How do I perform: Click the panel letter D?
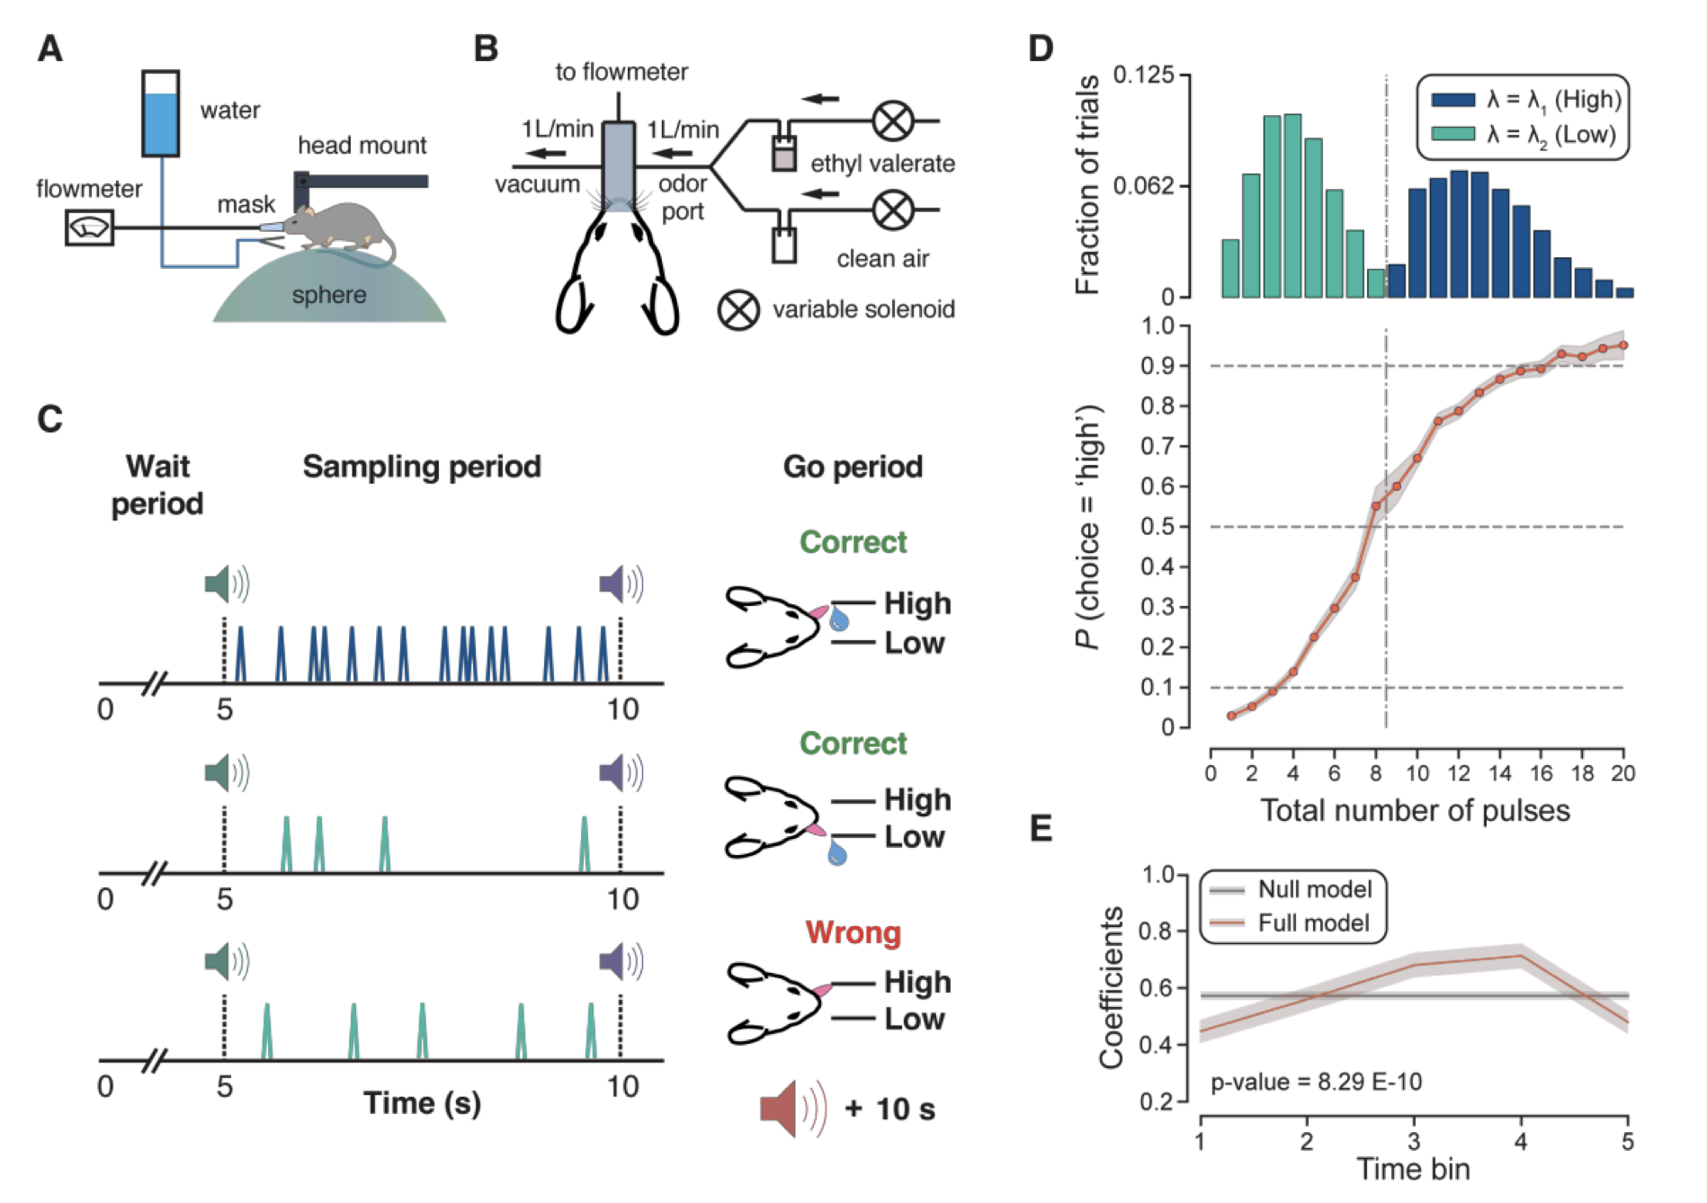[1041, 49]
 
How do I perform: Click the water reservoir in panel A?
[161, 113]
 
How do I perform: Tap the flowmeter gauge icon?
[89, 227]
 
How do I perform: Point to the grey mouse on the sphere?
[340, 225]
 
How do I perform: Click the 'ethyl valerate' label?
[882, 164]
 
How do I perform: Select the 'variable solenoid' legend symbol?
[738, 310]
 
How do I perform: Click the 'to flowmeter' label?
[621, 72]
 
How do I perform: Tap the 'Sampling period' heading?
[422, 467]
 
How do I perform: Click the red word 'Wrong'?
[853, 932]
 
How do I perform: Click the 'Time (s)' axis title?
[422, 1103]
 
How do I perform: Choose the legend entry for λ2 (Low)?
[1524, 135]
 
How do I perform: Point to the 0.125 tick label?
[1143, 75]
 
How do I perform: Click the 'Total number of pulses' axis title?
[1415, 811]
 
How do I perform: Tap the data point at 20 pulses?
[1623, 345]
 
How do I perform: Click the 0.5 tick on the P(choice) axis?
[1157, 527]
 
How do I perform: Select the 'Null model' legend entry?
[1291, 889]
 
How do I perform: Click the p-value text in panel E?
[1316, 1082]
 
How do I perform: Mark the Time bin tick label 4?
[1521, 1142]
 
